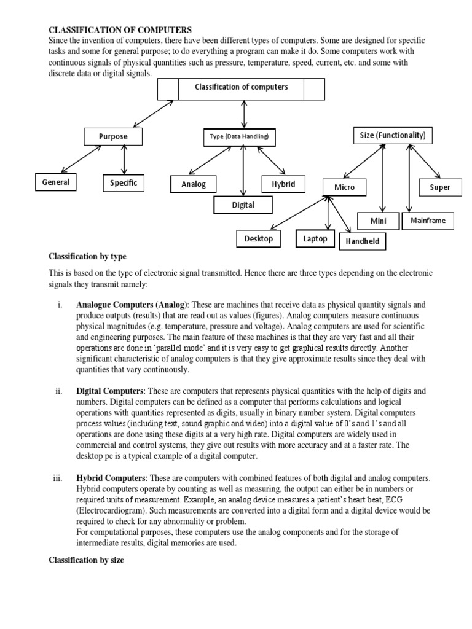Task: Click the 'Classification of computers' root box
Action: (x=241, y=88)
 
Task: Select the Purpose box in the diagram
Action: (x=113, y=136)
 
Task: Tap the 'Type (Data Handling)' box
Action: (x=239, y=137)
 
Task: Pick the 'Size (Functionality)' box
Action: (x=392, y=135)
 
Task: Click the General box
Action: (x=55, y=182)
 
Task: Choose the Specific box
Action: (x=124, y=182)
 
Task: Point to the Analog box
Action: (x=194, y=184)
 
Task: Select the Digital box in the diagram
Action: (x=243, y=205)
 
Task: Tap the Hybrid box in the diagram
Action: (x=283, y=184)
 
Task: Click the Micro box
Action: (x=344, y=187)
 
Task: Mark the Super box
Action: (x=440, y=187)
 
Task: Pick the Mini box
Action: (x=378, y=221)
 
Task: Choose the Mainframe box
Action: (x=428, y=220)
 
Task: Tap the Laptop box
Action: (x=315, y=238)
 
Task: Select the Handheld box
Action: (x=362, y=241)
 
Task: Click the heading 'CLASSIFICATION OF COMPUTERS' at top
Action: (x=120, y=29)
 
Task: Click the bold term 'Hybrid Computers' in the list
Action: (x=110, y=478)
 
